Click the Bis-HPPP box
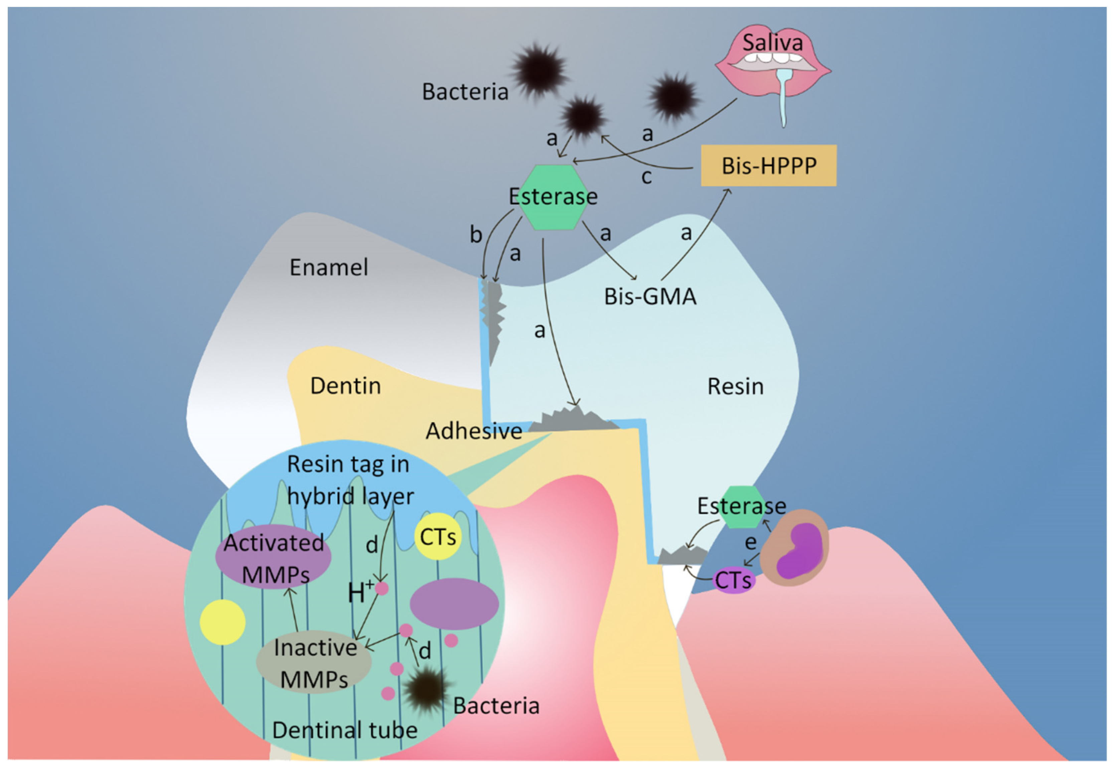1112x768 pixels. (768, 166)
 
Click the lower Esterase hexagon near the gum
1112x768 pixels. (744, 506)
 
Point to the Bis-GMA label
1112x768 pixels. (650, 296)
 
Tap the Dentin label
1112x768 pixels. (345, 386)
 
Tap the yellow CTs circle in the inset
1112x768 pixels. (437, 536)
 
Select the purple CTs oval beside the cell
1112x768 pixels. (733, 580)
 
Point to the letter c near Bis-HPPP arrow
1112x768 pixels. (646, 177)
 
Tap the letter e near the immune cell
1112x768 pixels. (750, 542)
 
